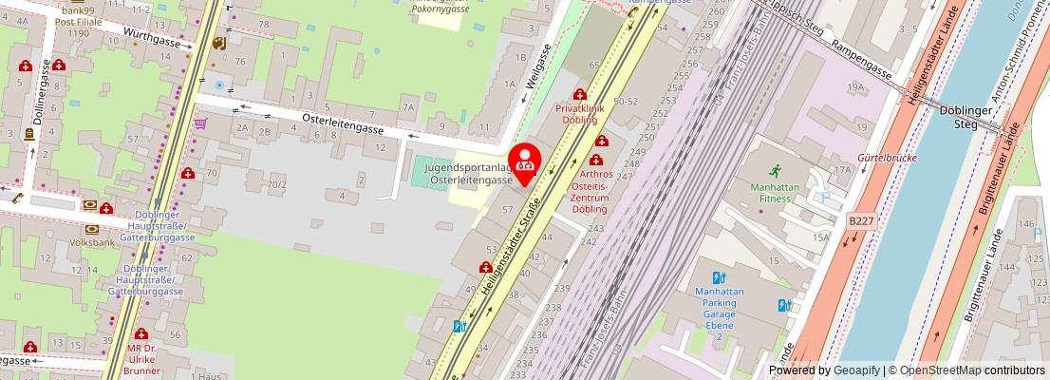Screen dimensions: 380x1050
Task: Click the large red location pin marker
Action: [525, 159]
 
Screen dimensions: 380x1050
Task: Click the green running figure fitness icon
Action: [776, 171]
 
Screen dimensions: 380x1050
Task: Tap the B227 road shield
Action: [861, 221]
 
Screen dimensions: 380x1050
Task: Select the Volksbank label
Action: [91, 242]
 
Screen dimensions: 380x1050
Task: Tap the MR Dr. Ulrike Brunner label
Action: [141, 360]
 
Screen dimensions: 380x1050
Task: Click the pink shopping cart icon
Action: [200, 123]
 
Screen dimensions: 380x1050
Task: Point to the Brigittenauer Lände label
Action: [984, 275]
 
